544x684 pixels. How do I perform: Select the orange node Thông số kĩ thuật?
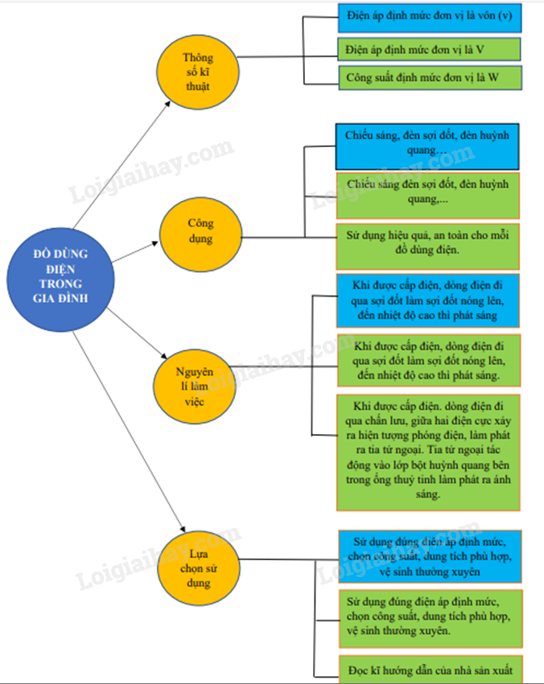(x=196, y=72)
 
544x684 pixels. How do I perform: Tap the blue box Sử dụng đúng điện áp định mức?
(x=428, y=555)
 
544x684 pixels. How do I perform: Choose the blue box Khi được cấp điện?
(x=428, y=301)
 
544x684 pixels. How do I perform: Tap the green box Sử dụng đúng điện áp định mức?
(x=428, y=616)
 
